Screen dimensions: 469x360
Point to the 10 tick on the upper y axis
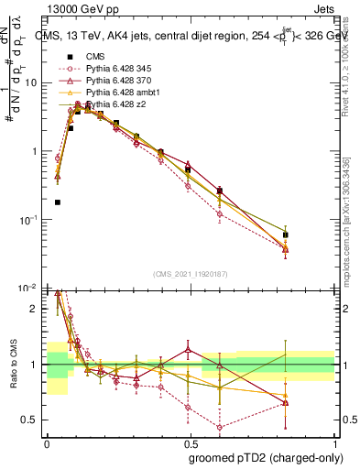pos(31,82)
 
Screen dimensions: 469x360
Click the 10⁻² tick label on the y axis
pos(29,289)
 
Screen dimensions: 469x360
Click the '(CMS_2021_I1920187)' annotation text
pos(190,275)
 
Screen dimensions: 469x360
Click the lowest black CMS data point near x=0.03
pos(58,202)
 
